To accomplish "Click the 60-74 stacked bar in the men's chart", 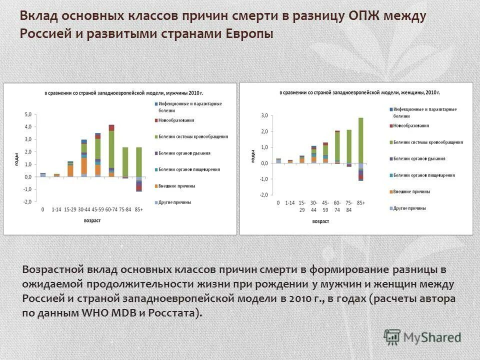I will coord(111,150).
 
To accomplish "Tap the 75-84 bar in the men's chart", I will coord(125,162).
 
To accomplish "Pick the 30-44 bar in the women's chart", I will coord(314,154).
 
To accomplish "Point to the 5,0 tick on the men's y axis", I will coord(28,114).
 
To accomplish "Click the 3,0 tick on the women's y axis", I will coord(264,115).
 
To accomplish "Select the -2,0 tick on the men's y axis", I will coord(27,201).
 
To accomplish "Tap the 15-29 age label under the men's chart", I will coord(70,209).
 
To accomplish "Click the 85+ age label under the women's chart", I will coord(360,203).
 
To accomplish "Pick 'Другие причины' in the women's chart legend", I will coord(409,207).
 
